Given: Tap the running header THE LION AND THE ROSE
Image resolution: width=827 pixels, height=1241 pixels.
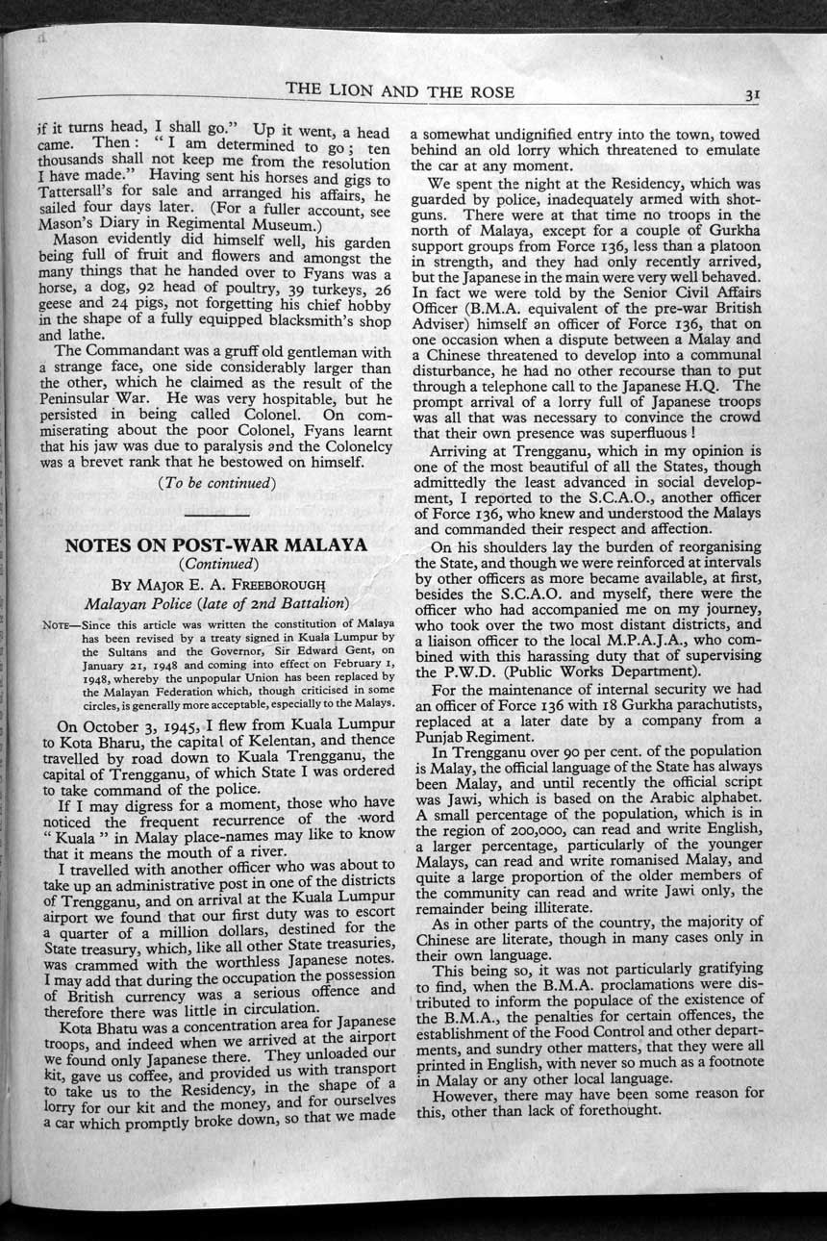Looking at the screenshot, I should tap(399, 91).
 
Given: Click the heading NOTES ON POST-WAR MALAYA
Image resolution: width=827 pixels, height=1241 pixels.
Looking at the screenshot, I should tap(215, 545).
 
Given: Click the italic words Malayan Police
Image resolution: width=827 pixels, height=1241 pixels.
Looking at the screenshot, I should tap(131, 604).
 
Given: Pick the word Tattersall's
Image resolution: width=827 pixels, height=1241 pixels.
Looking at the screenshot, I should tap(80, 198).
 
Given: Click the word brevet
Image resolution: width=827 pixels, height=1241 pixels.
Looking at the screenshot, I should tap(114, 462).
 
